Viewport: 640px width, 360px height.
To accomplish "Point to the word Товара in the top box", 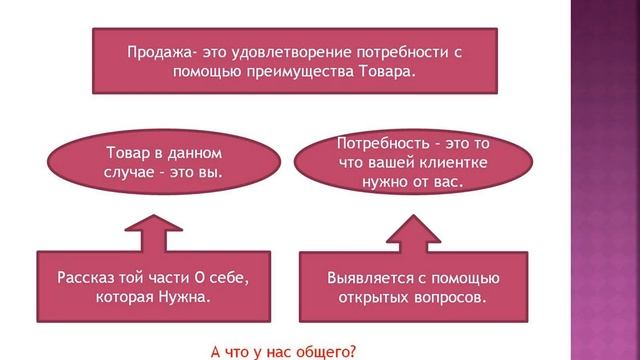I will [x=359, y=73].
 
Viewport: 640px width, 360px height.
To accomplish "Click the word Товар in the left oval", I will [x=127, y=153].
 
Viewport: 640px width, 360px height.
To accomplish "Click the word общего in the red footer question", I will [x=326, y=351].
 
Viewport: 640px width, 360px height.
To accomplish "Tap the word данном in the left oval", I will [x=191, y=153].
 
